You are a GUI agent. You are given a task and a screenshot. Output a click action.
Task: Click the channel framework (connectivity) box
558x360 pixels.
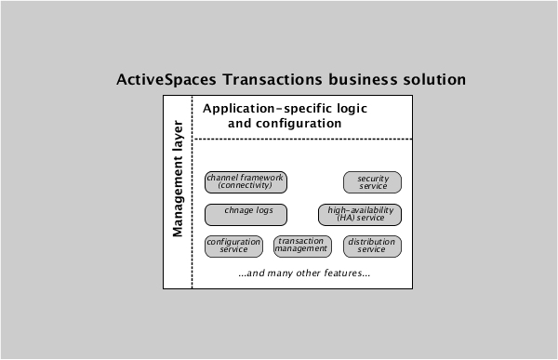click(x=246, y=181)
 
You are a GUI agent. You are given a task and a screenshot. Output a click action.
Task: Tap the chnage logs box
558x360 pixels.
click(x=246, y=215)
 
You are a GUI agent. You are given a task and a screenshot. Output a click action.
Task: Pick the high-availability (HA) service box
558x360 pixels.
click(x=360, y=215)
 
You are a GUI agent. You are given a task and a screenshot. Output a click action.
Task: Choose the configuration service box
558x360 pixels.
click(x=233, y=247)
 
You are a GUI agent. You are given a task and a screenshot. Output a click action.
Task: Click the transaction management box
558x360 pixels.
click(x=302, y=246)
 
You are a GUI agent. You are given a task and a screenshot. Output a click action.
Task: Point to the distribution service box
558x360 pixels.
click(x=372, y=247)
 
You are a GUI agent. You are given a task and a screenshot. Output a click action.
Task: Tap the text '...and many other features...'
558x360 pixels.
click(x=304, y=273)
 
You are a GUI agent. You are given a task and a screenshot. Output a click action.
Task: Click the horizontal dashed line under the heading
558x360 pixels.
click(x=298, y=140)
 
